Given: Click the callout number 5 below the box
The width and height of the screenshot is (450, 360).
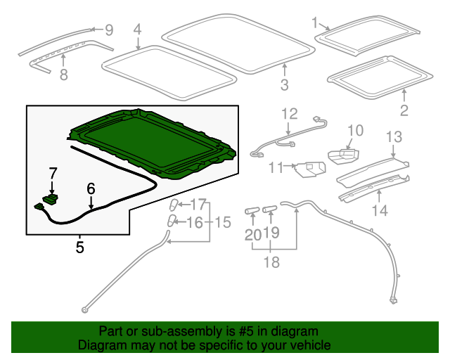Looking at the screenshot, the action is [79, 247].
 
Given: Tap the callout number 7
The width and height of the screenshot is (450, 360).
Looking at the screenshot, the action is [53, 174].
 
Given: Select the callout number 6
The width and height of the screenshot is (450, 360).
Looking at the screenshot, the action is [91, 188].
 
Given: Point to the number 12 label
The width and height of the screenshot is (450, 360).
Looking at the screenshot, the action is [290, 114].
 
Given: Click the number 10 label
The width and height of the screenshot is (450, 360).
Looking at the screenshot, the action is [356, 130].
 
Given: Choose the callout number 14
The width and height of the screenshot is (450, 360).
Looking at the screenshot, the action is [380, 210].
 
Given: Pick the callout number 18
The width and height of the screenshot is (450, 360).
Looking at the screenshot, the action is [271, 262].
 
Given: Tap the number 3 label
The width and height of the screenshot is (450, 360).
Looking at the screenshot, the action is [284, 84].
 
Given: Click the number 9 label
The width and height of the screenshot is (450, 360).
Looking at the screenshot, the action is [109, 30].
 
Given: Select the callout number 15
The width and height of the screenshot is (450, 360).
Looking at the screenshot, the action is [223, 222].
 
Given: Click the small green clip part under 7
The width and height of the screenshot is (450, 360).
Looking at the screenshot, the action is [51, 199].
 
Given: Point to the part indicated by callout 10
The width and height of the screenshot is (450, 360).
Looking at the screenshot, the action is [344, 156].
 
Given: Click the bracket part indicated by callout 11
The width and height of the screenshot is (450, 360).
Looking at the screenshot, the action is [311, 169].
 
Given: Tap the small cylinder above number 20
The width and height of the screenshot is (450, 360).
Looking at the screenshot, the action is [252, 210].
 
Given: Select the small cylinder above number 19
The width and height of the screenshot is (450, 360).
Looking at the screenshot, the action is [270, 209].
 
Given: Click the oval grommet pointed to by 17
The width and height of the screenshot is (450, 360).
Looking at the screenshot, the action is [174, 205].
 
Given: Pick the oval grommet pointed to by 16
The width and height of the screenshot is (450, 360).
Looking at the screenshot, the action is [172, 220].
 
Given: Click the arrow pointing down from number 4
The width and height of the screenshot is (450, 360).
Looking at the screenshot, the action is [138, 44].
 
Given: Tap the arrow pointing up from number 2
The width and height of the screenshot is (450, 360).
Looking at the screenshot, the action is [404, 96].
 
